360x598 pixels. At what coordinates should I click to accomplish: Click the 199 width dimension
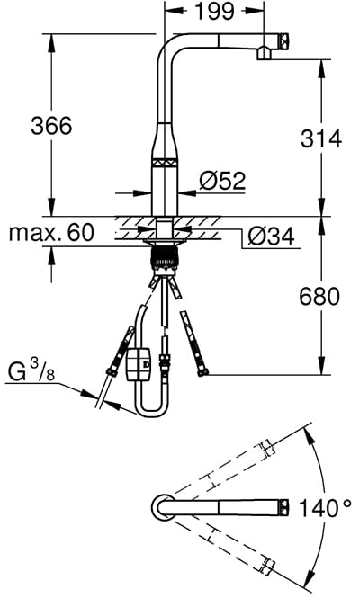click(x=214, y=11)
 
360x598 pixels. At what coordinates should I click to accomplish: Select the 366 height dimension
click(x=51, y=126)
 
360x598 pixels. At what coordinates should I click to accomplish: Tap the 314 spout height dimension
click(x=320, y=138)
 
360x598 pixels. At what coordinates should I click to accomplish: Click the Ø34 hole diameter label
click(x=272, y=237)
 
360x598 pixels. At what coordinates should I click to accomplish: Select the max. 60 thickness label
click(x=50, y=232)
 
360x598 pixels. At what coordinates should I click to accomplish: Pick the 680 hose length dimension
click(x=319, y=297)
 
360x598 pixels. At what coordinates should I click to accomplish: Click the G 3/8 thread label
click(x=31, y=371)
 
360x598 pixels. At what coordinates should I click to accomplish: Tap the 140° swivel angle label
click(x=325, y=508)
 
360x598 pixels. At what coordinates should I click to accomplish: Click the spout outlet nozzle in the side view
click(x=264, y=53)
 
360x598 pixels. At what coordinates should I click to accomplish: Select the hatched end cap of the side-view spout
click(x=285, y=41)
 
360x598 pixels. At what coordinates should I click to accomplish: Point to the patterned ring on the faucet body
click(x=165, y=162)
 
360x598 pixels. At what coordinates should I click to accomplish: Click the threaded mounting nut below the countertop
click(x=165, y=257)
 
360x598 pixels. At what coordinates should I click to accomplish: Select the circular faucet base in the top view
click(x=164, y=507)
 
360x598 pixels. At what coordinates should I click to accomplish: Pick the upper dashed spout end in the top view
click(x=267, y=448)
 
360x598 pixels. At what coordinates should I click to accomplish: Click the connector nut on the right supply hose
click(x=203, y=372)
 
